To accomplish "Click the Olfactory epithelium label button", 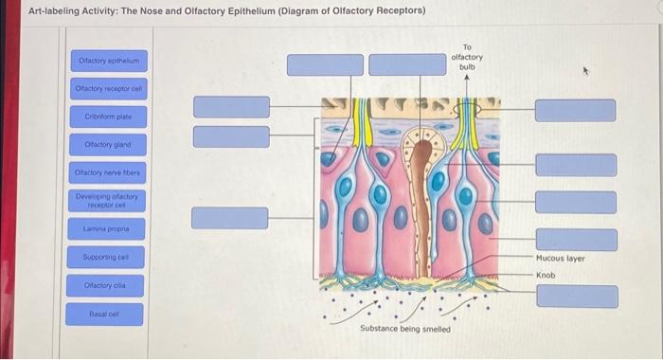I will (x=108, y=62).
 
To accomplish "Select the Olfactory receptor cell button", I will (x=108, y=89).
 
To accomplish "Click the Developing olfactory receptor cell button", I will (x=108, y=200).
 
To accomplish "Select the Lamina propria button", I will (x=108, y=230).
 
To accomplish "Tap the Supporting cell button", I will (x=108, y=258).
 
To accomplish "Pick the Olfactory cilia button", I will (x=108, y=285).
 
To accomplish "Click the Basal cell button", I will (x=108, y=314).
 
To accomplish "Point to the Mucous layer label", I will (x=561, y=258).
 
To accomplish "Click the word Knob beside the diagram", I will (x=546, y=275).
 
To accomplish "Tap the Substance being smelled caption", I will (x=405, y=329).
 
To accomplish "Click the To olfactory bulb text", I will (x=467, y=57).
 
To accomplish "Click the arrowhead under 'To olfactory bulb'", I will (x=467, y=80).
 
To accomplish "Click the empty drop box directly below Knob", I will (x=576, y=297).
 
